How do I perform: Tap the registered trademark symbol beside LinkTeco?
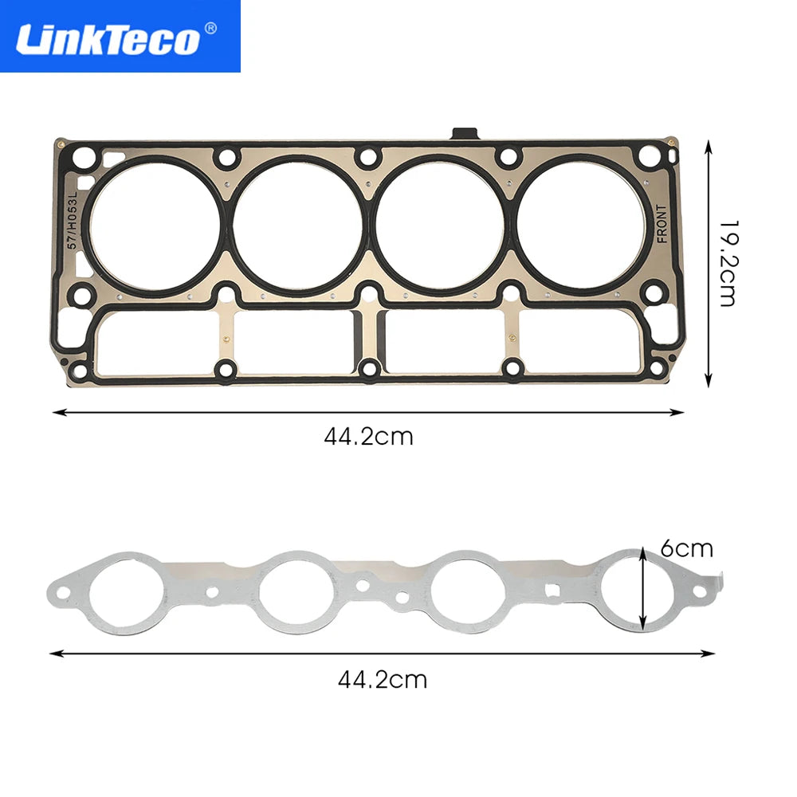[210, 28]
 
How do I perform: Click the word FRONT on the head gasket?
[662, 224]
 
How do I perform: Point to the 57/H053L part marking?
[73, 220]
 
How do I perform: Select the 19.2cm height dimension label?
[728, 263]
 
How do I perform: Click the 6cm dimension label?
[687, 549]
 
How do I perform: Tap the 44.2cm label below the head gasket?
[368, 437]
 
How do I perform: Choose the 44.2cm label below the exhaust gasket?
[383, 680]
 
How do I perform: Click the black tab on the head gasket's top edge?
[465, 133]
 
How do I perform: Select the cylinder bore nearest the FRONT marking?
[581, 225]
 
